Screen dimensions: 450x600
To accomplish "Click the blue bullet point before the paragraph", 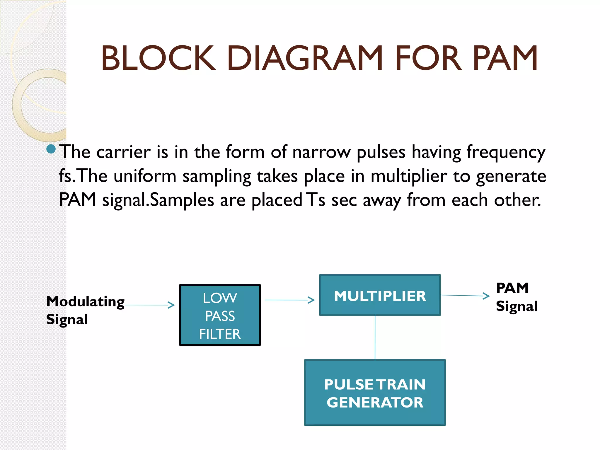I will pyautogui.click(x=51, y=149).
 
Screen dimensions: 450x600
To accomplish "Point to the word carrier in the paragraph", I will pyautogui.click(x=123, y=152).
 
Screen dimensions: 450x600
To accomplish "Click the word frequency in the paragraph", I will pyautogui.click(x=506, y=153).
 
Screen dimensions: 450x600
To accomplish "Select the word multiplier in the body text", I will pyautogui.click(x=409, y=176).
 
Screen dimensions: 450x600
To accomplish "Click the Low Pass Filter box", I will pyautogui.click(x=220, y=315).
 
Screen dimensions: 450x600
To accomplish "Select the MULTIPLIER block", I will pyautogui.click(x=380, y=295).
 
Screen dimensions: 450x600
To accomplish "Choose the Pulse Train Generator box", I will pyautogui.click(x=375, y=393).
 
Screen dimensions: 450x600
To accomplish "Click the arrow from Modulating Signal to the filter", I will pyautogui.click(x=150, y=305).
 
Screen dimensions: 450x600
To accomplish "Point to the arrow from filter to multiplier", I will pyautogui.click(x=289, y=300).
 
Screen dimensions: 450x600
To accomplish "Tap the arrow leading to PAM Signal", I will pyautogui.click(x=465, y=296).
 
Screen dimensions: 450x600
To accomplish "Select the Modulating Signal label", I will pyautogui.click(x=85, y=310).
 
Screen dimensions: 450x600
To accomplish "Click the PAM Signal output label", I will pyautogui.click(x=517, y=297).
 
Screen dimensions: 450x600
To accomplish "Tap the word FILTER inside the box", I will pyautogui.click(x=220, y=334).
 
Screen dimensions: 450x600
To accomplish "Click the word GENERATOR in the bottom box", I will pyautogui.click(x=375, y=402).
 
